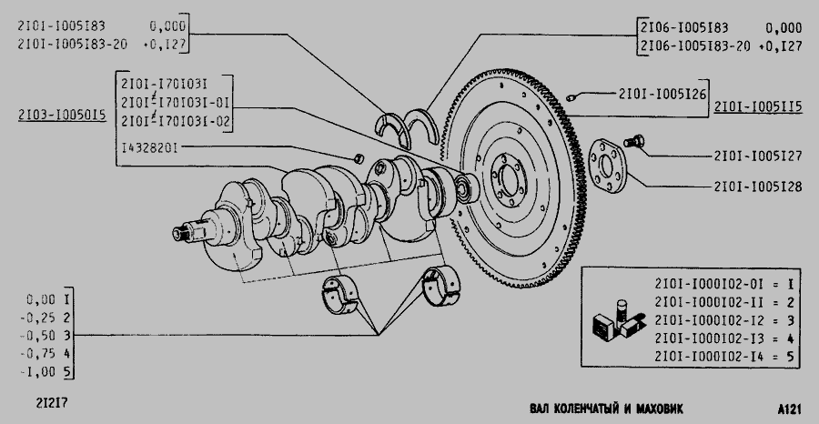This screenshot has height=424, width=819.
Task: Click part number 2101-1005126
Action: (x=662, y=94)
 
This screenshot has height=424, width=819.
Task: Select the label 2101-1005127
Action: (x=758, y=156)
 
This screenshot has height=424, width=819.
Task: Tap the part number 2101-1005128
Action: (x=758, y=187)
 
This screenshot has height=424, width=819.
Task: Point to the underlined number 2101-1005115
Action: (x=758, y=107)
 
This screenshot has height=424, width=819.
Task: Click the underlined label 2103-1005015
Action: (x=62, y=115)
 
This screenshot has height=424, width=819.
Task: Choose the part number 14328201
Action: (x=149, y=147)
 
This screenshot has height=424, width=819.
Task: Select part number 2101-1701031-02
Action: (x=176, y=121)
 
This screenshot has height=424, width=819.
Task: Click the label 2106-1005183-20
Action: (x=695, y=46)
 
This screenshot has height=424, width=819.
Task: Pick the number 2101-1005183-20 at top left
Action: (x=72, y=44)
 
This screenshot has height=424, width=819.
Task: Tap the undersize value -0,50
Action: (x=37, y=336)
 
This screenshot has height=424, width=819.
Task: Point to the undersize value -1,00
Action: (x=37, y=372)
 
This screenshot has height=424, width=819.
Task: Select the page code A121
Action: (x=789, y=409)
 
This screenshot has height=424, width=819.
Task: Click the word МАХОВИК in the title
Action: (x=659, y=409)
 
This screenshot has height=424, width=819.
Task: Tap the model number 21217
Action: (x=52, y=403)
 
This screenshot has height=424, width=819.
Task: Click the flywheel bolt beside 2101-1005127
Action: (x=633, y=141)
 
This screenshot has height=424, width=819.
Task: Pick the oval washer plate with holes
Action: (x=607, y=166)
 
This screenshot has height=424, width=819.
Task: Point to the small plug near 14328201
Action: (x=359, y=157)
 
